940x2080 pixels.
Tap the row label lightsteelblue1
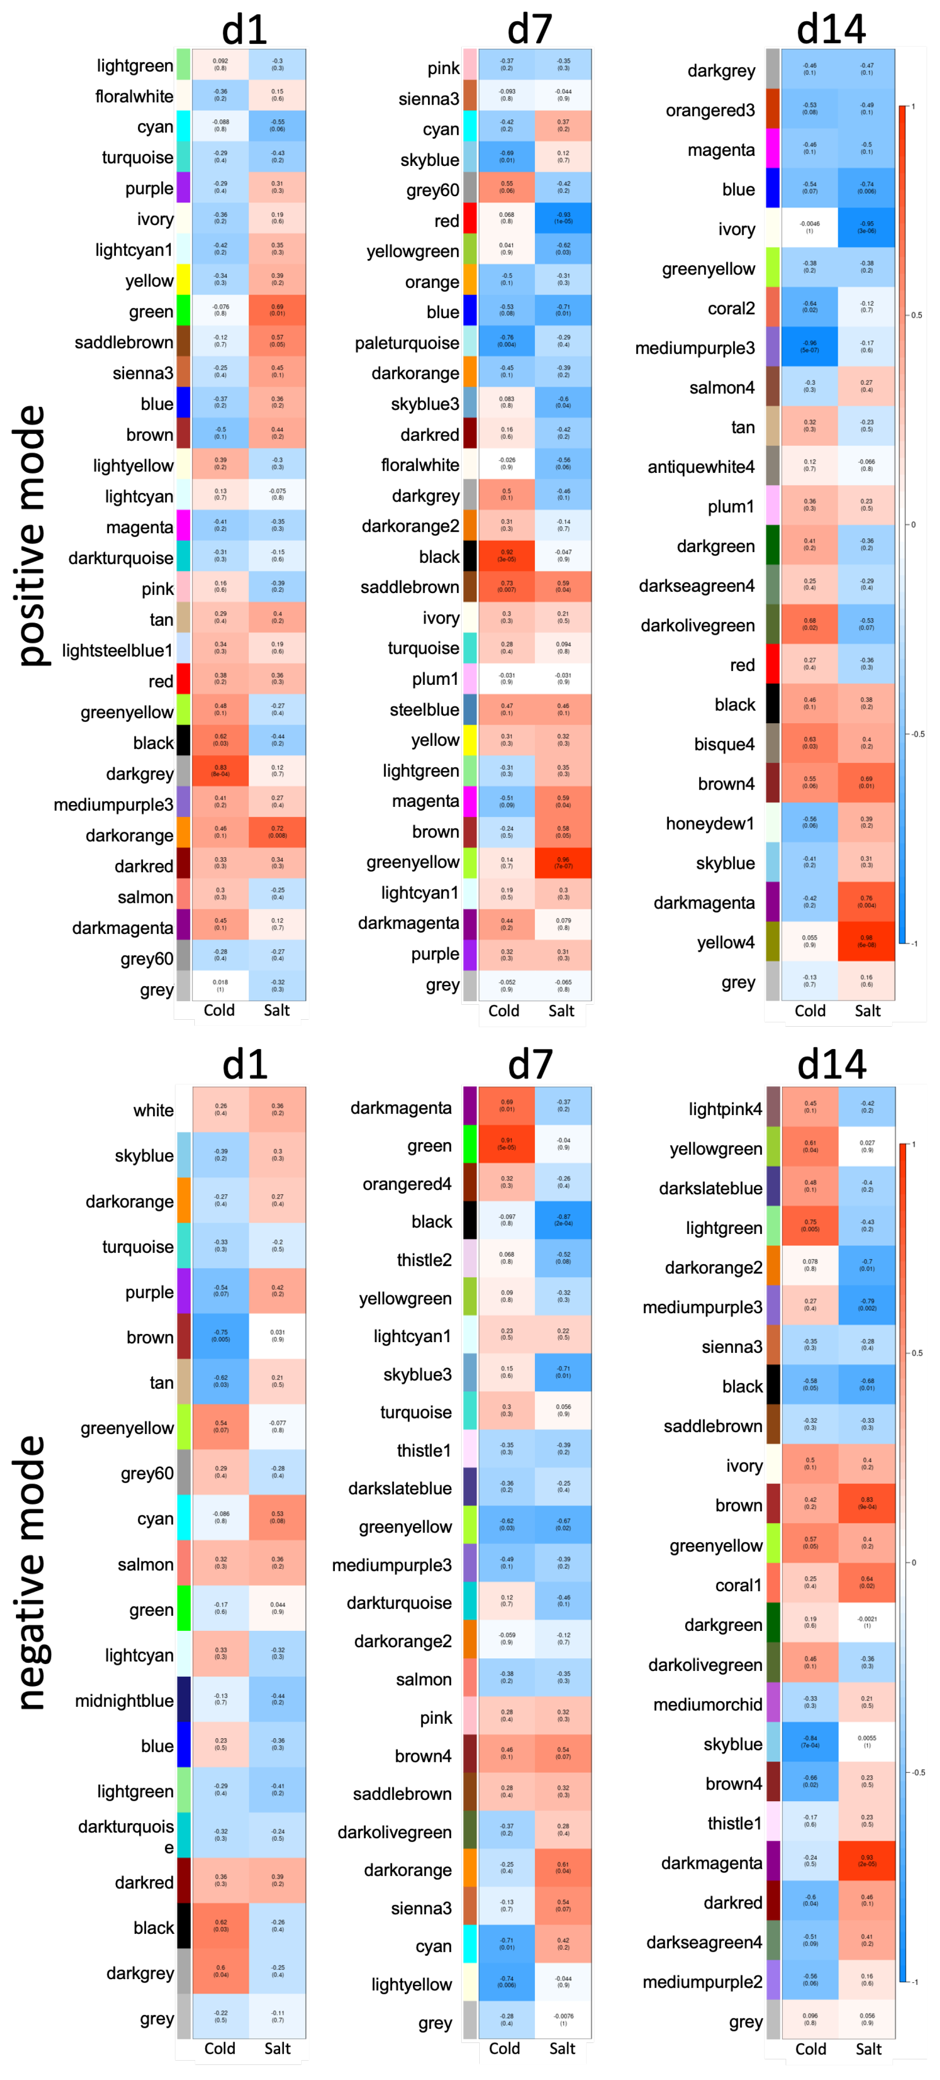pos(117,651)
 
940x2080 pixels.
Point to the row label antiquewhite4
pos(700,467)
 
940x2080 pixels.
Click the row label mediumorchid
pos(707,1705)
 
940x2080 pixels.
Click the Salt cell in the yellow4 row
pos(866,941)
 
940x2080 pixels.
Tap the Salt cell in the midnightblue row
pos(277,1700)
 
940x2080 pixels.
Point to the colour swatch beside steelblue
pos(469,710)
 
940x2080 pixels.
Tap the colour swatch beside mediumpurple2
pos(773,1981)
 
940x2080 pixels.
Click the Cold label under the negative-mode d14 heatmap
pos(810,2049)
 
